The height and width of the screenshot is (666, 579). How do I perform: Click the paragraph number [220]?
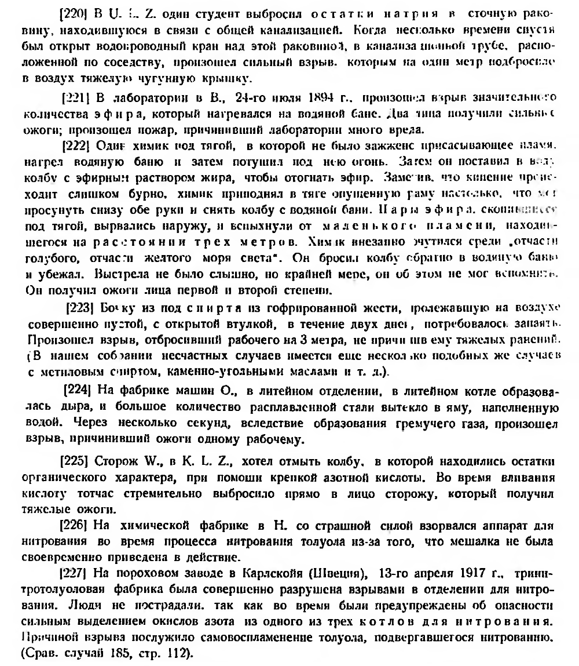(72, 11)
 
